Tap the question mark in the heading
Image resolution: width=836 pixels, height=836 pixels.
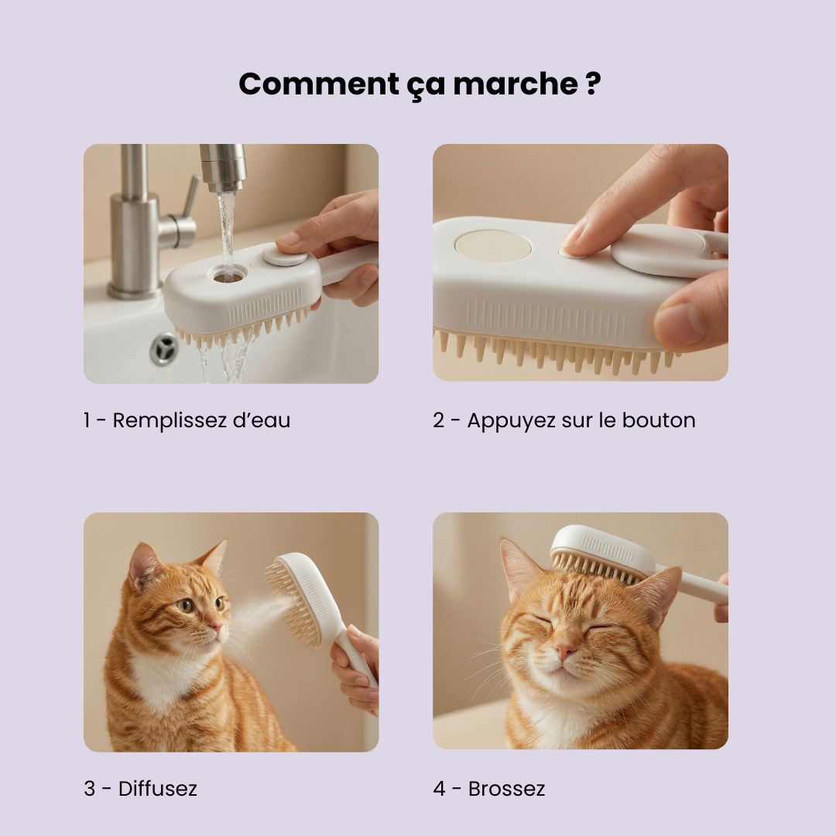(x=592, y=83)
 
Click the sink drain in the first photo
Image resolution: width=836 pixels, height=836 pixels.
(x=165, y=348)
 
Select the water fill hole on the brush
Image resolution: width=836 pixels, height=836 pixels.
(x=228, y=274)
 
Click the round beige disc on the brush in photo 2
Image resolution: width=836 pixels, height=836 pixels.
(x=493, y=246)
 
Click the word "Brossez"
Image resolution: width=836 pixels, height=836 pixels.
(x=507, y=789)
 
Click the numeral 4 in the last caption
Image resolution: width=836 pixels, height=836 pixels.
(x=440, y=789)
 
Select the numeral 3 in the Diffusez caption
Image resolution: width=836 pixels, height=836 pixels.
(x=90, y=789)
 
